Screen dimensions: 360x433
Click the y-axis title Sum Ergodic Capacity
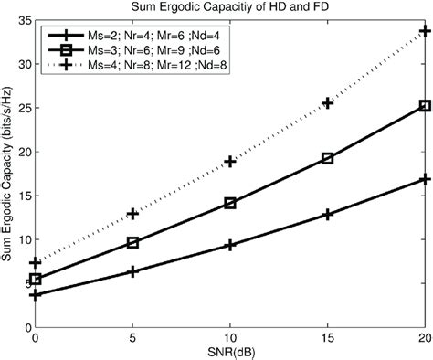tap(8, 174)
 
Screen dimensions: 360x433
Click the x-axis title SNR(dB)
tap(230, 351)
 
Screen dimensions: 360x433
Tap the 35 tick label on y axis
tap(22, 21)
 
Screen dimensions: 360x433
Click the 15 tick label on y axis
tap(22, 195)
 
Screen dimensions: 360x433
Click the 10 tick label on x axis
tap(230, 337)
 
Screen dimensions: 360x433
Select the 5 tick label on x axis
tap(133, 337)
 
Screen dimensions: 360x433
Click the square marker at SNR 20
tap(425, 106)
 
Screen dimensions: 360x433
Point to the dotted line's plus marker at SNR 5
tap(133, 214)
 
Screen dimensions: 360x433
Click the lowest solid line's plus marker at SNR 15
tap(327, 214)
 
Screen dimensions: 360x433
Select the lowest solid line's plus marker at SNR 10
tap(230, 245)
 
